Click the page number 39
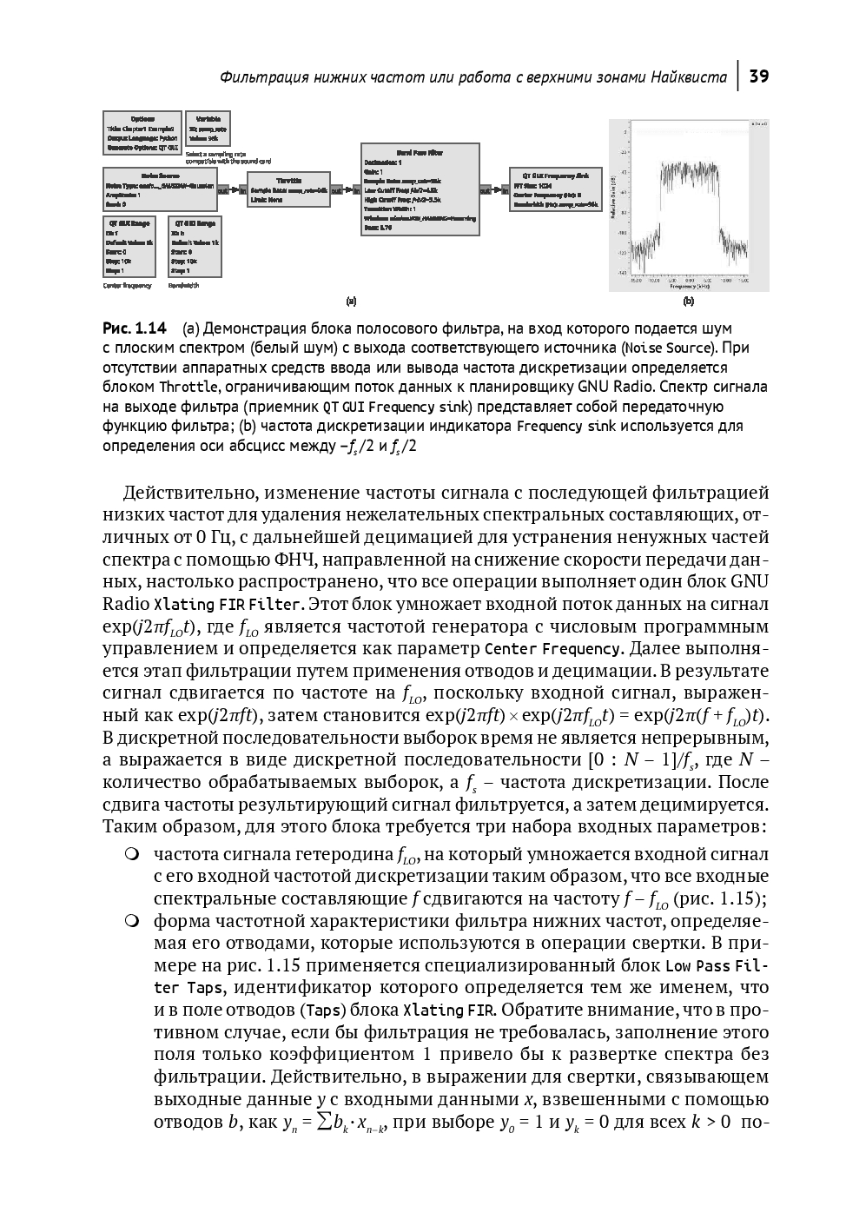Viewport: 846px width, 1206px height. [x=758, y=76]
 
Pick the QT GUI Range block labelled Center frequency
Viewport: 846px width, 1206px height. [x=129, y=248]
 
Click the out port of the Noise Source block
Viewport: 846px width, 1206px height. [x=222, y=189]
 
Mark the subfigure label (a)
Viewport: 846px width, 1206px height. [x=351, y=301]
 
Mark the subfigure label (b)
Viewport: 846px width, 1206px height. [x=688, y=301]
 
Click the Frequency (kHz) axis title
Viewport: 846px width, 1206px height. [x=691, y=286]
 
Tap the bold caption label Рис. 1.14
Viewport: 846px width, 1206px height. [x=134, y=328]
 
